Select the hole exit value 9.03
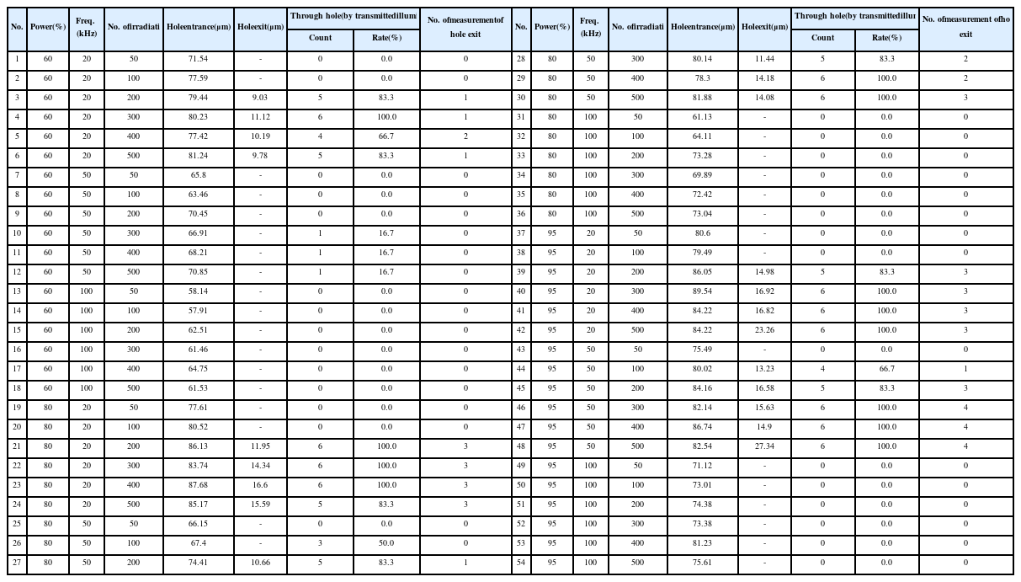[260, 98]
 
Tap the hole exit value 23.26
[764, 330]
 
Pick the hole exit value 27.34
[764, 446]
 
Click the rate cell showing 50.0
[386, 543]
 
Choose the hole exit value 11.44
[764, 59]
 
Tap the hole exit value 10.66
[260, 563]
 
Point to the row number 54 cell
[521, 563]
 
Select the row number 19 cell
[18, 408]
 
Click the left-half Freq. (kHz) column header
[86, 26]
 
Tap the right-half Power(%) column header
[552, 26]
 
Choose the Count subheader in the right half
[822, 38]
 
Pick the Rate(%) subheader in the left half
[386, 38]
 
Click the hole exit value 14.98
[764, 272]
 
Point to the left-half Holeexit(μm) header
[260, 26]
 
